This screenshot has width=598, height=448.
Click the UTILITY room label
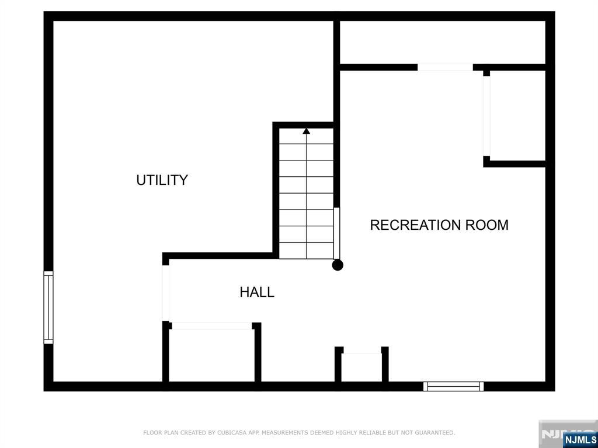coord(162,180)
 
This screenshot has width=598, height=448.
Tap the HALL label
coord(257,292)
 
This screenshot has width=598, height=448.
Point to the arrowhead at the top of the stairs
coord(306,131)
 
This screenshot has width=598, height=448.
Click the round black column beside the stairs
coord(338,265)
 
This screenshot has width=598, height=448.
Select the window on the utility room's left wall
coord(48,307)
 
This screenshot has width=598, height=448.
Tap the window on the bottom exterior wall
coord(453,386)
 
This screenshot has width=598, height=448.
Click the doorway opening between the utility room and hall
coord(165,293)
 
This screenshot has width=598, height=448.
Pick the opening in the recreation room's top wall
coord(445,68)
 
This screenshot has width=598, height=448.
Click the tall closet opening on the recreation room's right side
coord(486,116)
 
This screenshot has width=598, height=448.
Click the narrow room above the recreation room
coord(443,42)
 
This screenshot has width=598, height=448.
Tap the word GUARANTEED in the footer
coord(434,433)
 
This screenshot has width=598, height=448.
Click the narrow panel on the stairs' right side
coord(337,233)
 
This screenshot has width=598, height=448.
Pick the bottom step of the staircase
coord(306,251)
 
